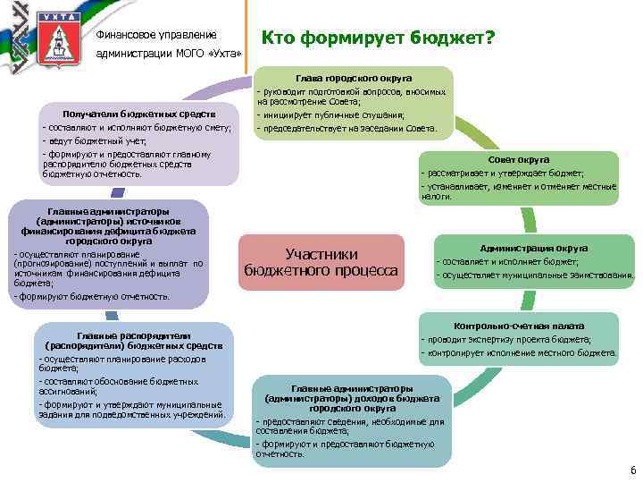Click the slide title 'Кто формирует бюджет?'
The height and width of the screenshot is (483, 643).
pyautogui.click(x=378, y=38)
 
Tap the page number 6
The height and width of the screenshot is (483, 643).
pyautogui.click(x=632, y=471)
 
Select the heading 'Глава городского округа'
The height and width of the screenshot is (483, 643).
pyautogui.click(x=354, y=79)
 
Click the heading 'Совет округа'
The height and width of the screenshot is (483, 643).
pyautogui.click(x=518, y=160)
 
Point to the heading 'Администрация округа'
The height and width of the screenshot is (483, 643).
pyautogui.click(x=533, y=248)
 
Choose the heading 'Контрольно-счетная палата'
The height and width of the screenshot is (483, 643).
pyautogui.click(x=519, y=326)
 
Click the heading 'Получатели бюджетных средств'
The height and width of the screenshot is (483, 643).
pyautogui.click(x=138, y=114)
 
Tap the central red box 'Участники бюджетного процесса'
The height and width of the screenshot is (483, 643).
pyautogui.click(x=321, y=262)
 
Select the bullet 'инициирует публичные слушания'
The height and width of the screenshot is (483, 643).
pyautogui.click(x=331, y=115)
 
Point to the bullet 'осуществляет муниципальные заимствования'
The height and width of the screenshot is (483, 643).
pyautogui.click(x=535, y=275)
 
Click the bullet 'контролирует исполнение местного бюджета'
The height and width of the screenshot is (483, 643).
pyautogui.click(x=519, y=352)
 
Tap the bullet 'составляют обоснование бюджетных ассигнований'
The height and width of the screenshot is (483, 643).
pyautogui.click(x=119, y=386)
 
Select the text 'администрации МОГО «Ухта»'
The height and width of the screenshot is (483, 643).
pyautogui.click(x=169, y=54)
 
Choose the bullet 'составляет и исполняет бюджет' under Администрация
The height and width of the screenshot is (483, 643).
pyautogui.click(x=507, y=262)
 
